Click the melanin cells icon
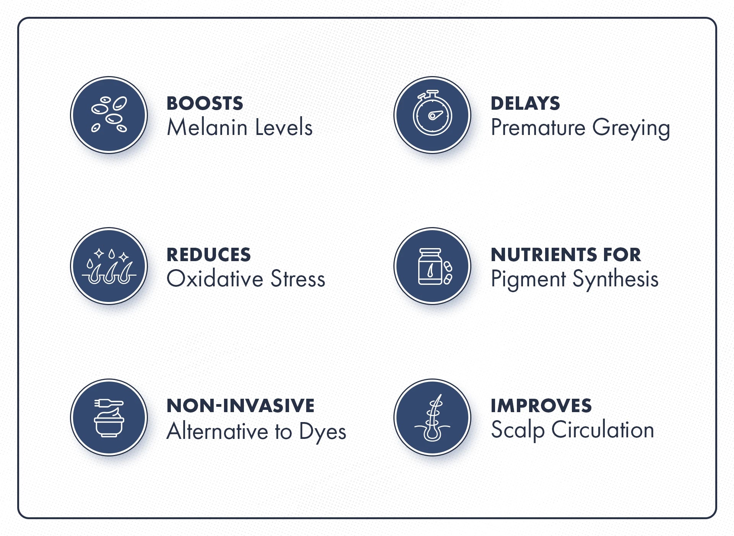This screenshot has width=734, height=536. [x=109, y=115]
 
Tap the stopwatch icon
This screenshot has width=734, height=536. [x=432, y=115]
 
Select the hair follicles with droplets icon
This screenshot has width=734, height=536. [x=109, y=266]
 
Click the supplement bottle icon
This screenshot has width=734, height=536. [x=432, y=266]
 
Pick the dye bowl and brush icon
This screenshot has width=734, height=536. [x=109, y=417]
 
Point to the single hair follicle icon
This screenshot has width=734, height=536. [x=432, y=417]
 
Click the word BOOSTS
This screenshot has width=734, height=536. [x=205, y=103]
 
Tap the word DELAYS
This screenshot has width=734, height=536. [x=525, y=103]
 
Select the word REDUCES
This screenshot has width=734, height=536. [x=209, y=255]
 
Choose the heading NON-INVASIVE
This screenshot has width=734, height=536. [x=240, y=406]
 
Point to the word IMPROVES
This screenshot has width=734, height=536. [x=541, y=406]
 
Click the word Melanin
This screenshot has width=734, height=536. [x=207, y=127]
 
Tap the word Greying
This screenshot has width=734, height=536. [x=631, y=128]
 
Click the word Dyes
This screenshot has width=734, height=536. [x=323, y=432]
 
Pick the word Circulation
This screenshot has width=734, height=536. [x=602, y=430]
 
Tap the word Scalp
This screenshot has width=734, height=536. [x=518, y=430]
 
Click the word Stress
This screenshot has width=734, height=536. [x=298, y=278]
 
